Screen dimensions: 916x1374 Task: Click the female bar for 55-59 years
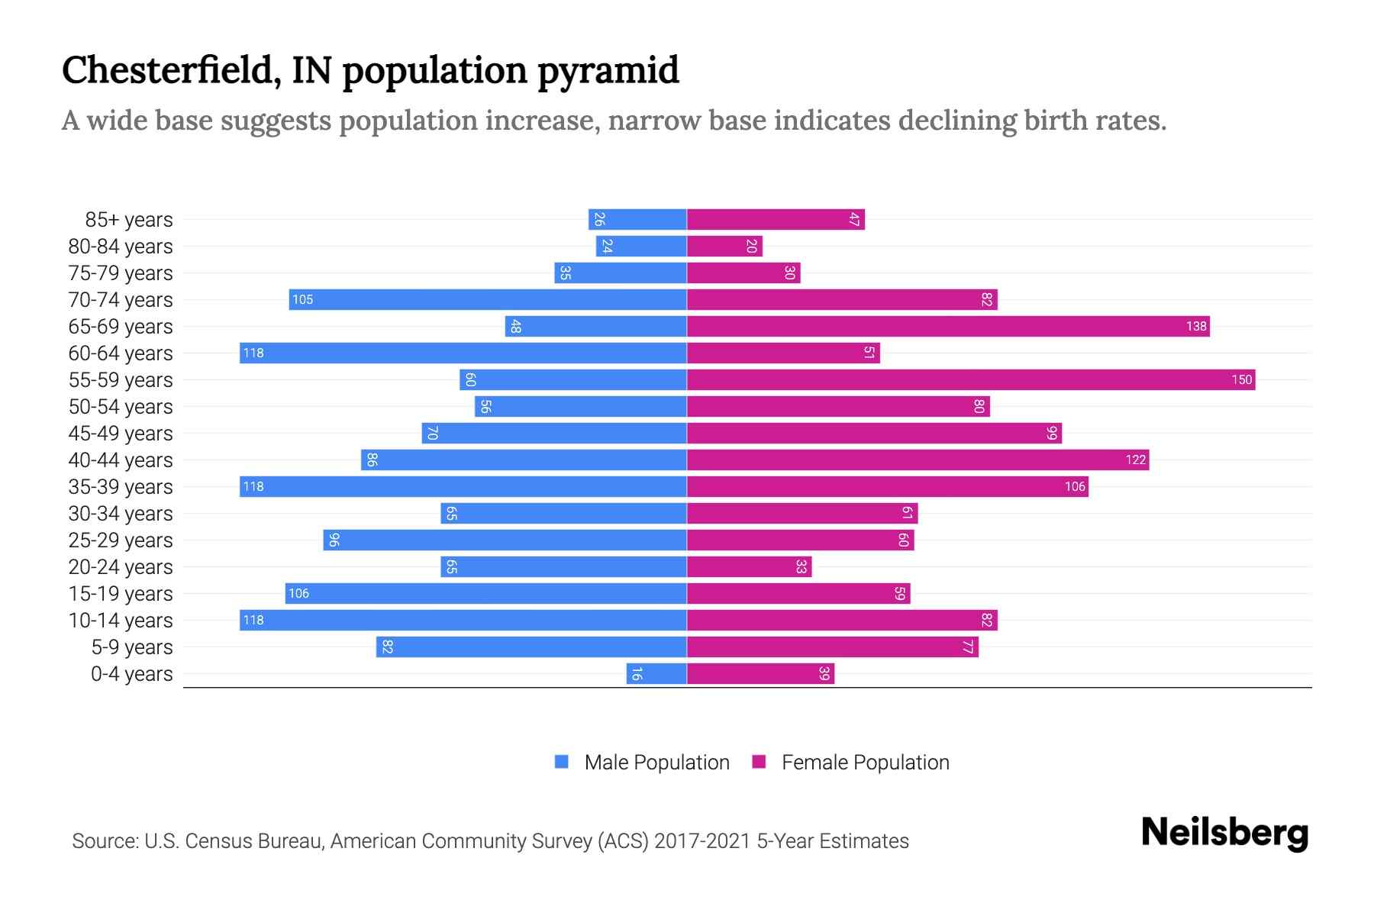coord(969,379)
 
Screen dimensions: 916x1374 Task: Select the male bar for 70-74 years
coord(489,299)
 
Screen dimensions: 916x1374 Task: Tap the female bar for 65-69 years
coord(947,327)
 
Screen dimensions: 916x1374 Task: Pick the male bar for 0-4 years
coord(656,673)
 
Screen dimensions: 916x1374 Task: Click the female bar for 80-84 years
coord(724,246)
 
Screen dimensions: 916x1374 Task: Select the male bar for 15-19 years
coord(485,593)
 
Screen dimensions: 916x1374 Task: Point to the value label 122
coord(1135,460)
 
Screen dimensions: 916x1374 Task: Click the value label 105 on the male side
coord(302,299)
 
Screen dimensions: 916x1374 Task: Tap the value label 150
coord(1241,379)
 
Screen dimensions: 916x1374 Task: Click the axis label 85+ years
coord(129,220)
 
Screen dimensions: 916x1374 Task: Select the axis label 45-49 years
coord(121,434)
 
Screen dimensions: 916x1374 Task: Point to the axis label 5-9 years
coord(132,647)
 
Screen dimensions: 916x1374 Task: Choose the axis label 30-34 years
coord(121,514)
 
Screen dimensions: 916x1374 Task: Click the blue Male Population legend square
coord(562,762)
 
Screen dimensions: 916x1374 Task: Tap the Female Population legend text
coord(865,762)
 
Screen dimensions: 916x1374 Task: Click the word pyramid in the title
coord(608,71)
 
